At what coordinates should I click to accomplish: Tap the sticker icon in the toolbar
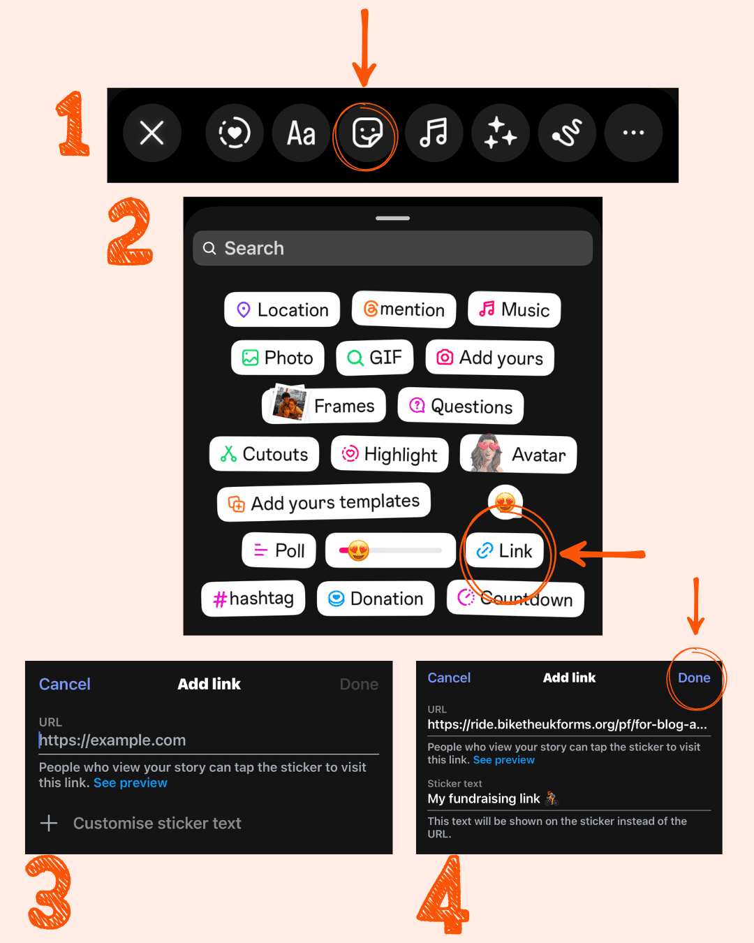pos(367,133)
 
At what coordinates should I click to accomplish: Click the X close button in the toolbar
pos(152,133)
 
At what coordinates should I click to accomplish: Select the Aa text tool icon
pos(301,133)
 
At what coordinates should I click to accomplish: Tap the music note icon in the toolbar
pos(434,133)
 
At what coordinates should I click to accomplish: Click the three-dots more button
pos(633,133)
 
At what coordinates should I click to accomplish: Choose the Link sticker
pos(504,550)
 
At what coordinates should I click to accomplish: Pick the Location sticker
pos(282,309)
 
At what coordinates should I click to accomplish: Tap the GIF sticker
pos(375,358)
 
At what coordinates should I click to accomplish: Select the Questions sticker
pos(461,406)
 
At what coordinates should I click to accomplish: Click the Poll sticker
pos(279,550)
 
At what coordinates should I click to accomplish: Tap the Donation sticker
pos(376,598)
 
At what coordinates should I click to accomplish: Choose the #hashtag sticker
pos(253,598)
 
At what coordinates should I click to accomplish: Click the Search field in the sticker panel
pos(392,248)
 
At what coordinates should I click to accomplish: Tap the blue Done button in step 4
pos(694,678)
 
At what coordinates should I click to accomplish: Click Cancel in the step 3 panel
pos(64,684)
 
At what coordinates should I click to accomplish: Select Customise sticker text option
pos(140,823)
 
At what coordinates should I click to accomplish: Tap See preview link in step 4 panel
pos(504,760)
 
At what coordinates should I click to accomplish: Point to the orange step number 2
pos(130,231)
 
